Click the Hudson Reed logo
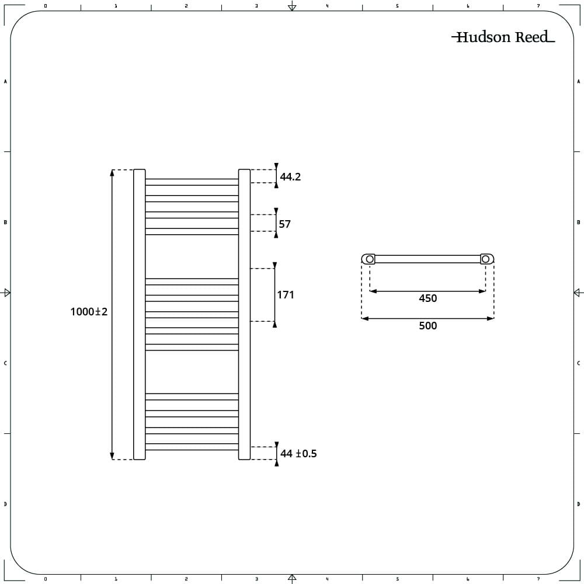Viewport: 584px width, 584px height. tap(503, 37)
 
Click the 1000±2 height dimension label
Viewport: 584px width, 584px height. tap(89, 311)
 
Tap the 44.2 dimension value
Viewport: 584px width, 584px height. tap(290, 176)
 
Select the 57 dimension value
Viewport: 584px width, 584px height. tap(284, 224)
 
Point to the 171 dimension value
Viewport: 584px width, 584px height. tap(286, 294)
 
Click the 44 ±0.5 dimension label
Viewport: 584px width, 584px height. tap(298, 453)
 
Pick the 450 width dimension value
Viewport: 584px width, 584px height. tap(427, 298)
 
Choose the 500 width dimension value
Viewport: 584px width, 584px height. tap(427, 325)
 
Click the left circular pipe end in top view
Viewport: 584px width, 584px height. tap(370, 259)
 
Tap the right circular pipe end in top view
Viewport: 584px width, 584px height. tap(485, 259)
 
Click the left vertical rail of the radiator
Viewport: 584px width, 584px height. tap(140, 314)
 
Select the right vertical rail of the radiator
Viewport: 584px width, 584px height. tap(244, 314)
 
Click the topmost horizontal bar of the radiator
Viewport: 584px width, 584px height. tap(192, 182)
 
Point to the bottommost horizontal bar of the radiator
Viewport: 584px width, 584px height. tap(192, 447)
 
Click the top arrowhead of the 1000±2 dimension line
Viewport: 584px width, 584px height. tap(112, 172)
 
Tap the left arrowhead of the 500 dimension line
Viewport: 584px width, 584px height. tap(365, 318)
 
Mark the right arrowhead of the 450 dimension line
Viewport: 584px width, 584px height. tap(482, 291)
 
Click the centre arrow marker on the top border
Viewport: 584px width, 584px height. tap(292, 6)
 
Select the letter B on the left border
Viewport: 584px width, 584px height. tap(5, 223)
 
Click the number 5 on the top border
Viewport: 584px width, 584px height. tap(397, 6)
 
